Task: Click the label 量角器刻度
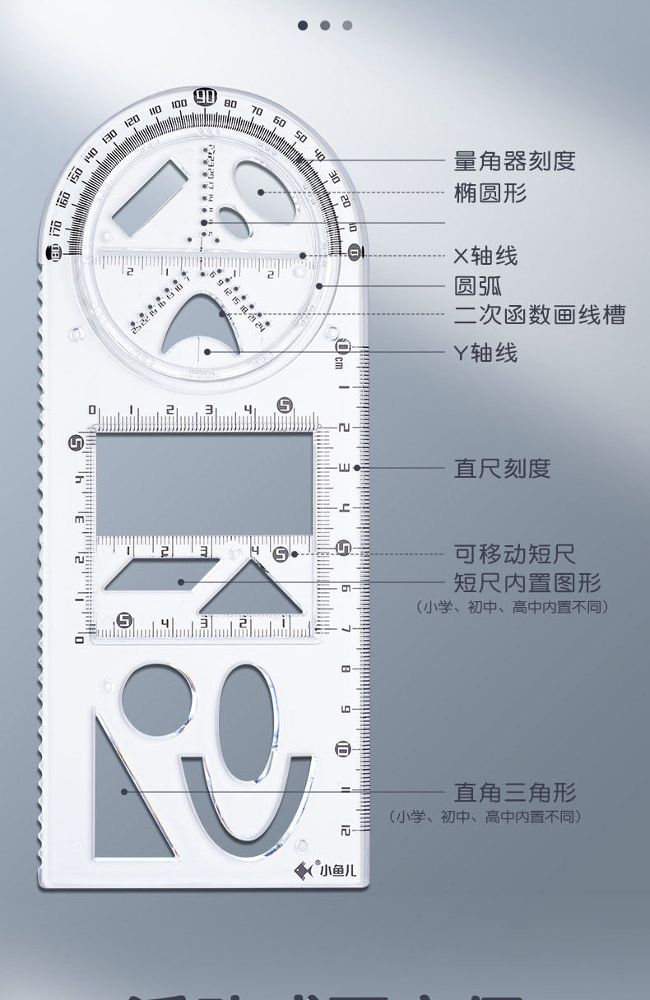pos(514,160)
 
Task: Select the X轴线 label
pos(485,256)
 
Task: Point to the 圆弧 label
pos(478,286)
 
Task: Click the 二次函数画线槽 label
pos(540,314)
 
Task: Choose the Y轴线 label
pos(485,353)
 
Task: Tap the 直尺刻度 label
pos(502,469)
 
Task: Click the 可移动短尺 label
pos(514,553)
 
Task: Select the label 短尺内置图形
pos(527,583)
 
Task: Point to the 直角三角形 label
pos(515,793)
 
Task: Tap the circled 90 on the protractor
pos(205,97)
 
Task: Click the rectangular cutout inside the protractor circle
pos(151,196)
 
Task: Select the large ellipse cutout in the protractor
pos(262,192)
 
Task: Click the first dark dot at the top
pos(303,25)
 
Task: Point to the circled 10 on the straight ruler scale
pos(343,748)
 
